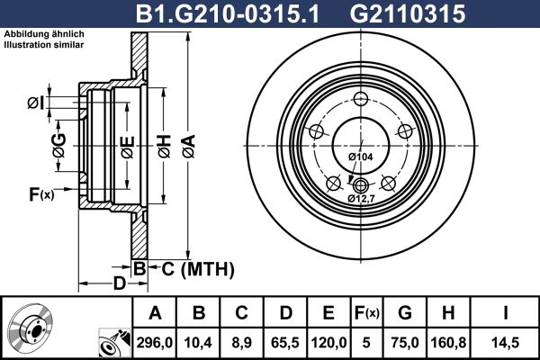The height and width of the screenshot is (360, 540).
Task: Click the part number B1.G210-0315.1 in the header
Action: coord(228,13)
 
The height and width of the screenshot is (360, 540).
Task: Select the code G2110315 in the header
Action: coord(408,13)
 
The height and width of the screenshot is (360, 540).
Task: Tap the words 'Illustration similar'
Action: coord(44,45)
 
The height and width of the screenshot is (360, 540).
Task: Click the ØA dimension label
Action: coord(189,147)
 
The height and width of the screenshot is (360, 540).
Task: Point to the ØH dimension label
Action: coord(165,147)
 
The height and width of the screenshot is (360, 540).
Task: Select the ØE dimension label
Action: coord(128,148)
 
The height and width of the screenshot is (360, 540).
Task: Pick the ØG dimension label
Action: coord(59,146)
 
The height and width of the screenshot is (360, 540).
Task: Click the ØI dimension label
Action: coord(35,103)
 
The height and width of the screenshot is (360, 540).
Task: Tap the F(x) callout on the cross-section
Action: coord(41,194)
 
